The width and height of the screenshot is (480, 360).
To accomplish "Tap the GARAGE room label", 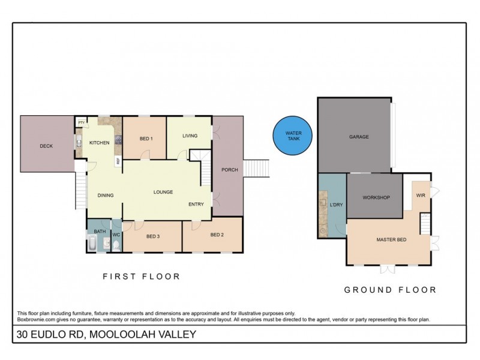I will click(x=359, y=137).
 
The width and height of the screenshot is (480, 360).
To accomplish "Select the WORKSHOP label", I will click(x=376, y=197).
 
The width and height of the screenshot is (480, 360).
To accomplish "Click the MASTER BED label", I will click(x=391, y=240).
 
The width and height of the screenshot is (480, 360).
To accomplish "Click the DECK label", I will click(x=47, y=146).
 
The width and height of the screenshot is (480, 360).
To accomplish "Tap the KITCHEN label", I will click(x=99, y=143).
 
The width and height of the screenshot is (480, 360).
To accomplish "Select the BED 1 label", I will click(x=146, y=139).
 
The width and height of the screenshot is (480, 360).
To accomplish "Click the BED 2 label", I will click(x=217, y=235).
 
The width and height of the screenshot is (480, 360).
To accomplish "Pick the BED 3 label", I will click(x=153, y=236).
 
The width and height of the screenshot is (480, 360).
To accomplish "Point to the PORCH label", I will click(x=229, y=170).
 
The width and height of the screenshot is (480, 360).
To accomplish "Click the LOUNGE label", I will click(x=163, y=192).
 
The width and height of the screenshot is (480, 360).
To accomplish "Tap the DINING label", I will click(x=106, y=195).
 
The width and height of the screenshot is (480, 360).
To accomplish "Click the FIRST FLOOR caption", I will click(x=141, y=277).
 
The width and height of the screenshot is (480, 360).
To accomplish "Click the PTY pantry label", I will click(x=80, y=122).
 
